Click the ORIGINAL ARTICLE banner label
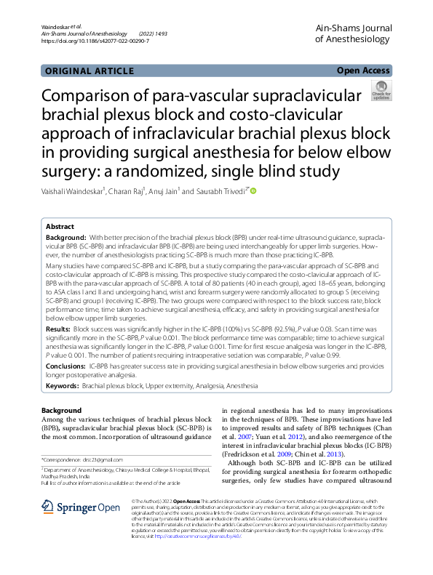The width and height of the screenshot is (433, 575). click(x=89, y=71)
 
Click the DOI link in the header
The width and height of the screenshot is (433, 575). click(x=95, y=41)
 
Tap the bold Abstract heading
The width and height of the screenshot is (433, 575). click(x=61, y=227)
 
